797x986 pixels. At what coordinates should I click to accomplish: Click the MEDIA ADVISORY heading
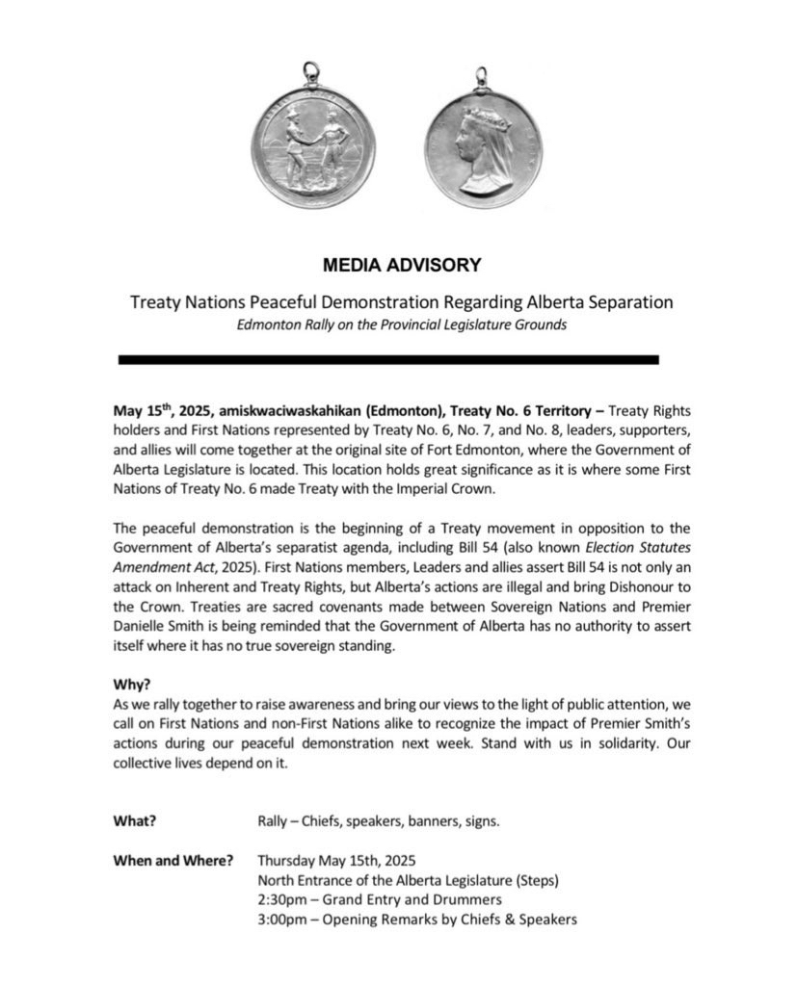pyautogui.click(x=401, y=264)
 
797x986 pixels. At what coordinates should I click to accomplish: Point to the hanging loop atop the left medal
pyautogui.click(x=310, y=71)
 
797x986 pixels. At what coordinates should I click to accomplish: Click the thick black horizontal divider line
pyautogui.click(x=388, y=359)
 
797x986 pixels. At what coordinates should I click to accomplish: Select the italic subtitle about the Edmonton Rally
pyautogui.click(x=401, y=324)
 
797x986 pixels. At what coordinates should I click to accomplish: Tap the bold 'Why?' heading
pyautogui.click(x=131, y=685)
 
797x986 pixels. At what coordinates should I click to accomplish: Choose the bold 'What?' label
pyautogui.click(x=135, y=820)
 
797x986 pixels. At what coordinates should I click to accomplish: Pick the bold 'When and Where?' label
pyautogui.click(x=173, y=860)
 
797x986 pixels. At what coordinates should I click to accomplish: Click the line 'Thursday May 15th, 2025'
pyautogui.click(x=336, y=860)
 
